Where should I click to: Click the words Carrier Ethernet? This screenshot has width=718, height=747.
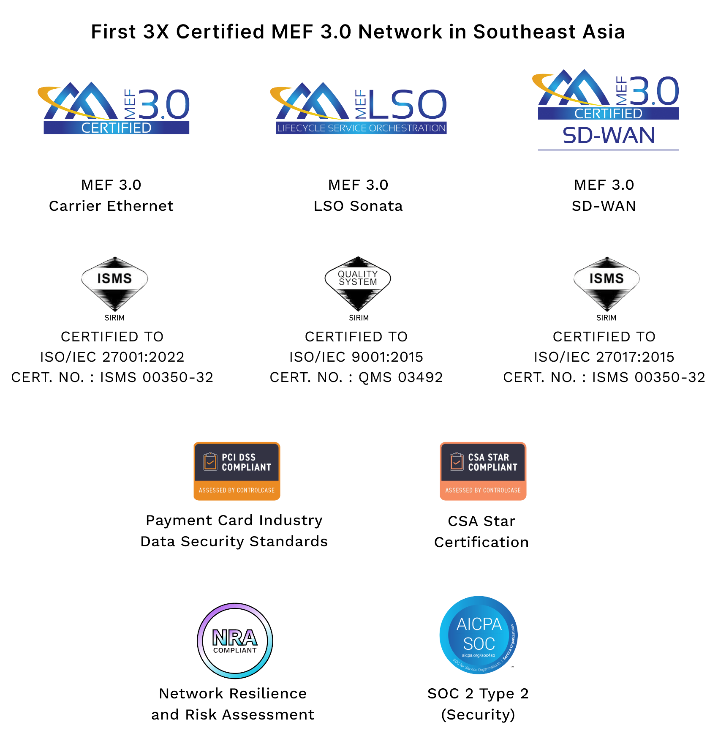point(111,206)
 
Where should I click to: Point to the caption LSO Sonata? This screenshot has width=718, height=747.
point(358,206)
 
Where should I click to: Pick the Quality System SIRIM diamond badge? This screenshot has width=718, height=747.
point(358,284)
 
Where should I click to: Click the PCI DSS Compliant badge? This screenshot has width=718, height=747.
point(237,471)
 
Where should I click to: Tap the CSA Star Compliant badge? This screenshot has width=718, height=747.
point(483,471)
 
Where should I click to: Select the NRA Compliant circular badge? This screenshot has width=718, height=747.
point(235,641)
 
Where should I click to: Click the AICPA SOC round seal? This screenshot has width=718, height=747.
point(479,635)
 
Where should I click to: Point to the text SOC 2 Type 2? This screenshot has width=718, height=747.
point(478,694)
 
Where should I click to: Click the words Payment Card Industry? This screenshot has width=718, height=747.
point(234,521)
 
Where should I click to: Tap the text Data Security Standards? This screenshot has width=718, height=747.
point(234,542)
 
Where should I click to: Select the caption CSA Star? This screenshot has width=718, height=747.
point(481,521)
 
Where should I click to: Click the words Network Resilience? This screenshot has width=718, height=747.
point(233,694)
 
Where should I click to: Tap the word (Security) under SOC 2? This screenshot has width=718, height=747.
point(478,715)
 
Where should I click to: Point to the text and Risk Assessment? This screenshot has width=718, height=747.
point(233,715)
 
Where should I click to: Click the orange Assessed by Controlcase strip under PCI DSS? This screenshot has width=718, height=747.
point(237,490)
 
